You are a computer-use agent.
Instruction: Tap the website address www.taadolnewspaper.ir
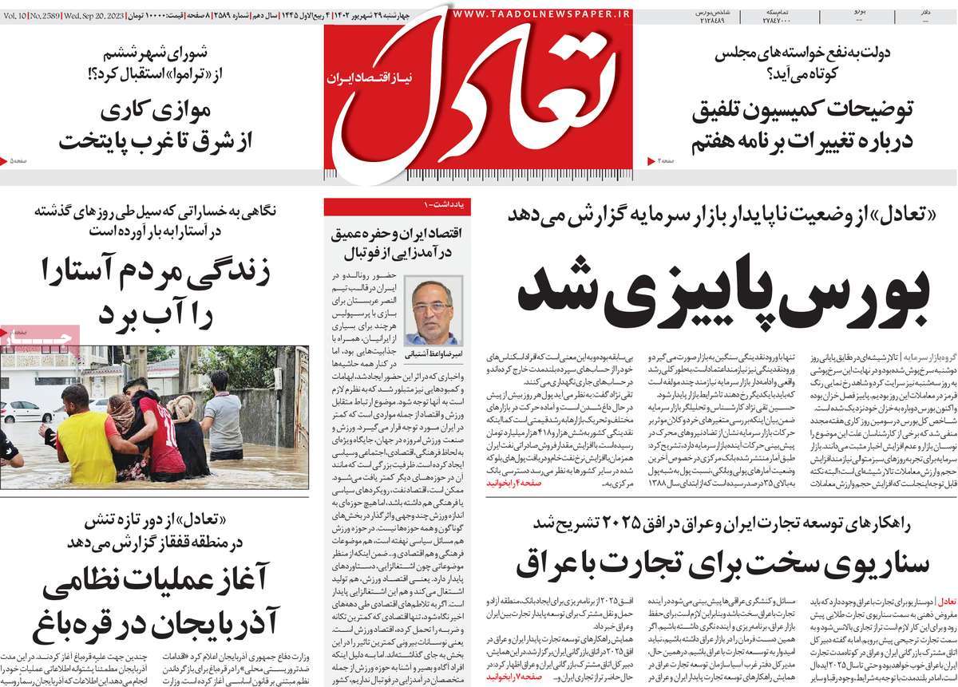click(540, 14)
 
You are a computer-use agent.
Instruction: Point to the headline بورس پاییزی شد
click(723, 294)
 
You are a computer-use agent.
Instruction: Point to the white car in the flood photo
click(24, 411)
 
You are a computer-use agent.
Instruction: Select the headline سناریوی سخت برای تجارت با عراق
click(722, 562)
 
